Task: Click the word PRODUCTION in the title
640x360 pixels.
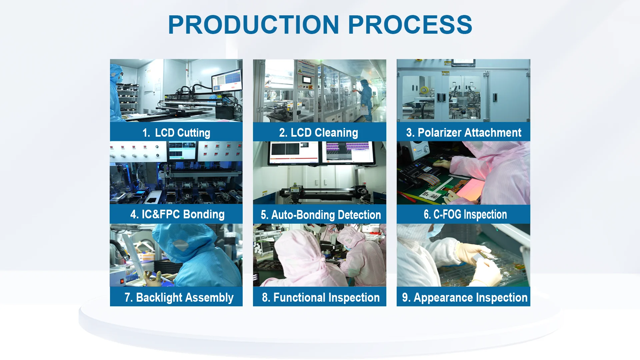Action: (x=254, y=25)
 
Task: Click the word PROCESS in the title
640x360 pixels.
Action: (x=410, y=25)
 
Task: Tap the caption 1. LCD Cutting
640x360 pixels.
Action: (x=176, y=133)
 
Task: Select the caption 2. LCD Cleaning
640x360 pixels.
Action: (x=319, y=133)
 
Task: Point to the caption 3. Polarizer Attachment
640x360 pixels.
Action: (x=464, y=133)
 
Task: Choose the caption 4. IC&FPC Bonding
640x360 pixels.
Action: (x=177, y=214)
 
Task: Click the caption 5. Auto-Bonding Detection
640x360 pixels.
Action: (x=321, y=215)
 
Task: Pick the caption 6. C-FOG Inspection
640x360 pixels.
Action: (x=465, y=214)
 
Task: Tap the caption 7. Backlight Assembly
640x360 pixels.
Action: (x=179, y=297)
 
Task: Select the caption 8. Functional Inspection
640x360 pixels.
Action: (x=321, y=297)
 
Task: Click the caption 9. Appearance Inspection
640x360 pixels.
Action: (x=465, y=297)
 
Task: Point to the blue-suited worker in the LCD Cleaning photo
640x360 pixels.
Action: (x=365, y=100)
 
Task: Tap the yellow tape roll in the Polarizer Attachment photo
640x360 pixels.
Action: (x=424, y=90)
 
